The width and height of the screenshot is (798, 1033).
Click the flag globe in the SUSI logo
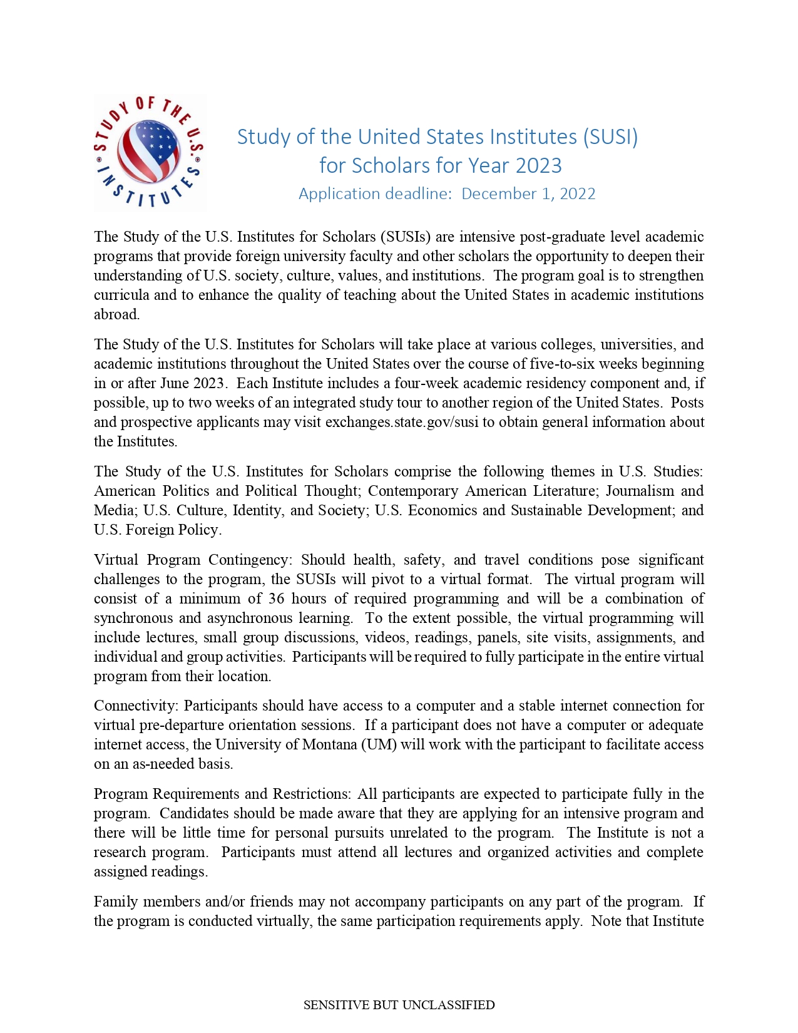[x=149, y=151]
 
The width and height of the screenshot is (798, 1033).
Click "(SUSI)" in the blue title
[x=610, y=136]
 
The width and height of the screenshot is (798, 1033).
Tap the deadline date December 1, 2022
[x=528, y=193]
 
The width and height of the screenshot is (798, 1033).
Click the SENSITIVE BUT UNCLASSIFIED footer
[x=399, y=1005]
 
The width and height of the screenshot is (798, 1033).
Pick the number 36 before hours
[x=277, y=599]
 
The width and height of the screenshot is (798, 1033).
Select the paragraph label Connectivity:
[x=136, y=706]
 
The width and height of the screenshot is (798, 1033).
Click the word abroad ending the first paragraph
[x=116, y=314]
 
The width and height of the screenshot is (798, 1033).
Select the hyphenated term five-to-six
[x=562, y=364]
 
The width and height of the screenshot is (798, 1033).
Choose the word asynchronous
[x=250, y=618]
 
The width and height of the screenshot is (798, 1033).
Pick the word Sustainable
[x=546, y=510]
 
